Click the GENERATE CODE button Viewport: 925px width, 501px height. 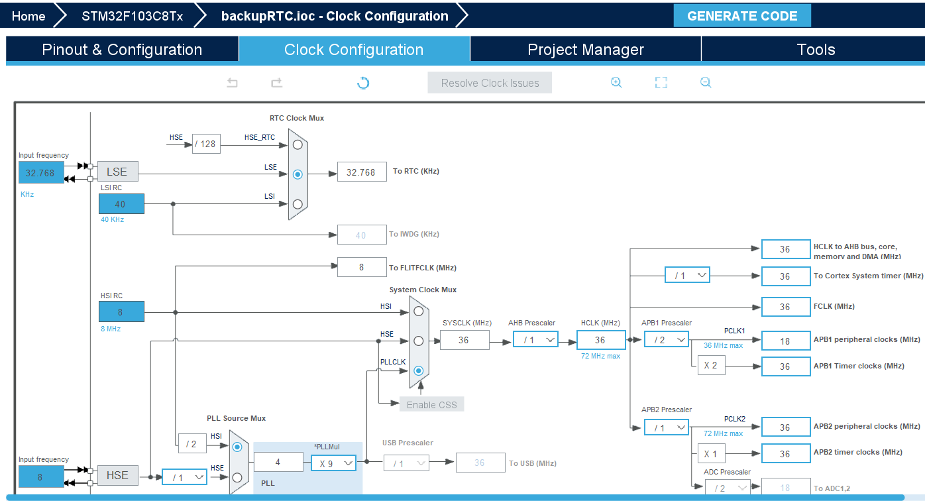(742, 16)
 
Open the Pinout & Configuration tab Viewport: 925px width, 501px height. (122, 50)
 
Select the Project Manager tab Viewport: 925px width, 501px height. (586, 50)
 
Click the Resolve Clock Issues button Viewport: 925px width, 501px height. (490, 83)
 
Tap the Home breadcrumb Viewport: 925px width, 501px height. (28, 16)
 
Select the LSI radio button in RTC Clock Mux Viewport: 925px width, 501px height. (298, 204)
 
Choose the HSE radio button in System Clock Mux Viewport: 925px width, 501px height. (418, 341)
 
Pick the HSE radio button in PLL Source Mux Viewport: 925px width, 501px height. (237, 477)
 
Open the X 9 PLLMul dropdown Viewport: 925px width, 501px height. (333, 463)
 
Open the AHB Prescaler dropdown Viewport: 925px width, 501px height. (535, 340)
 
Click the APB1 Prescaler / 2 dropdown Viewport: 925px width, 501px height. (667, 340)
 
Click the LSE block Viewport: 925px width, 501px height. (118, 172)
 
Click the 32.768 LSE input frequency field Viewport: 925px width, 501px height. (41, 173)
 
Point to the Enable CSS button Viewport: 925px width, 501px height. (431, 404)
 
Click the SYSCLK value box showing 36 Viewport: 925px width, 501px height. (464, 340)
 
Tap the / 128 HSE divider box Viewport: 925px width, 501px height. (206, 144)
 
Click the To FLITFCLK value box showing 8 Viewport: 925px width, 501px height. (362, 267)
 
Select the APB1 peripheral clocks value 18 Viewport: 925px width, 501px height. (785, 341)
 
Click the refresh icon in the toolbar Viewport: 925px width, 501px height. (363, 83)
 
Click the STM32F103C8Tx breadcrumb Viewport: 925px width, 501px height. (132, 16)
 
